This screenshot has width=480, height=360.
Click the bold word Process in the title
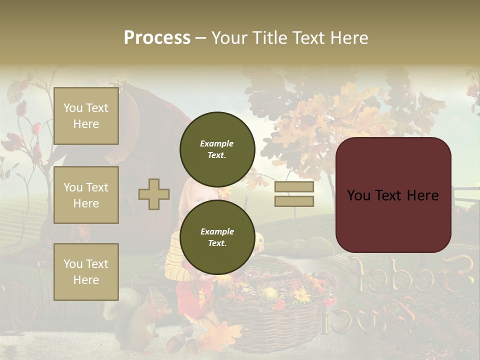[x=157, y=38]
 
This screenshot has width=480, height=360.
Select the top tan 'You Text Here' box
[x=86, y=116]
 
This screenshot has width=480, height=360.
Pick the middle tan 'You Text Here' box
[x=86, y=195]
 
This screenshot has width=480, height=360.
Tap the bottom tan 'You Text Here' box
[x=86, y=272]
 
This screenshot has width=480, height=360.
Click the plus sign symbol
[x=154, y=194]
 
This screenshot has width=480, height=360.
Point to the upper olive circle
[x=217, y=149]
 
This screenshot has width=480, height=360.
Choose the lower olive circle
[x=217, y=237]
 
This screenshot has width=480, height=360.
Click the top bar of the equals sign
[x=294, y=187]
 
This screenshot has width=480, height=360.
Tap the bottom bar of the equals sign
[x=294, y=201]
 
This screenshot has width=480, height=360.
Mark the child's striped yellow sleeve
[x=175, y=260]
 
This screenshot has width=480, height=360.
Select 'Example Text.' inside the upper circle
[x=217, y=149]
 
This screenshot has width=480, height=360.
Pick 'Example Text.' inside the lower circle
[x=217, y=237]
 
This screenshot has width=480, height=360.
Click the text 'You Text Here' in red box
[x=393, y=195]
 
